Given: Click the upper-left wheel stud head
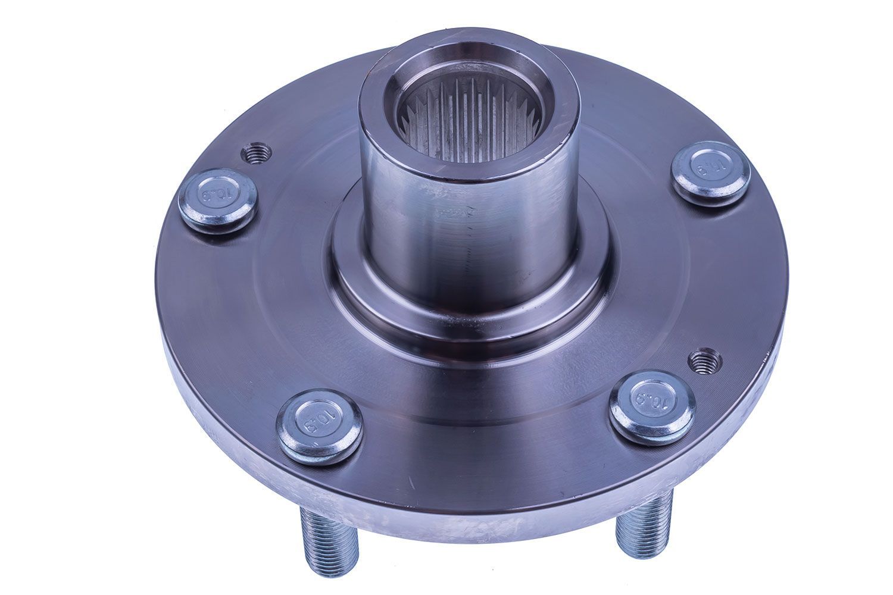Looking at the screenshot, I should (218, 201).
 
